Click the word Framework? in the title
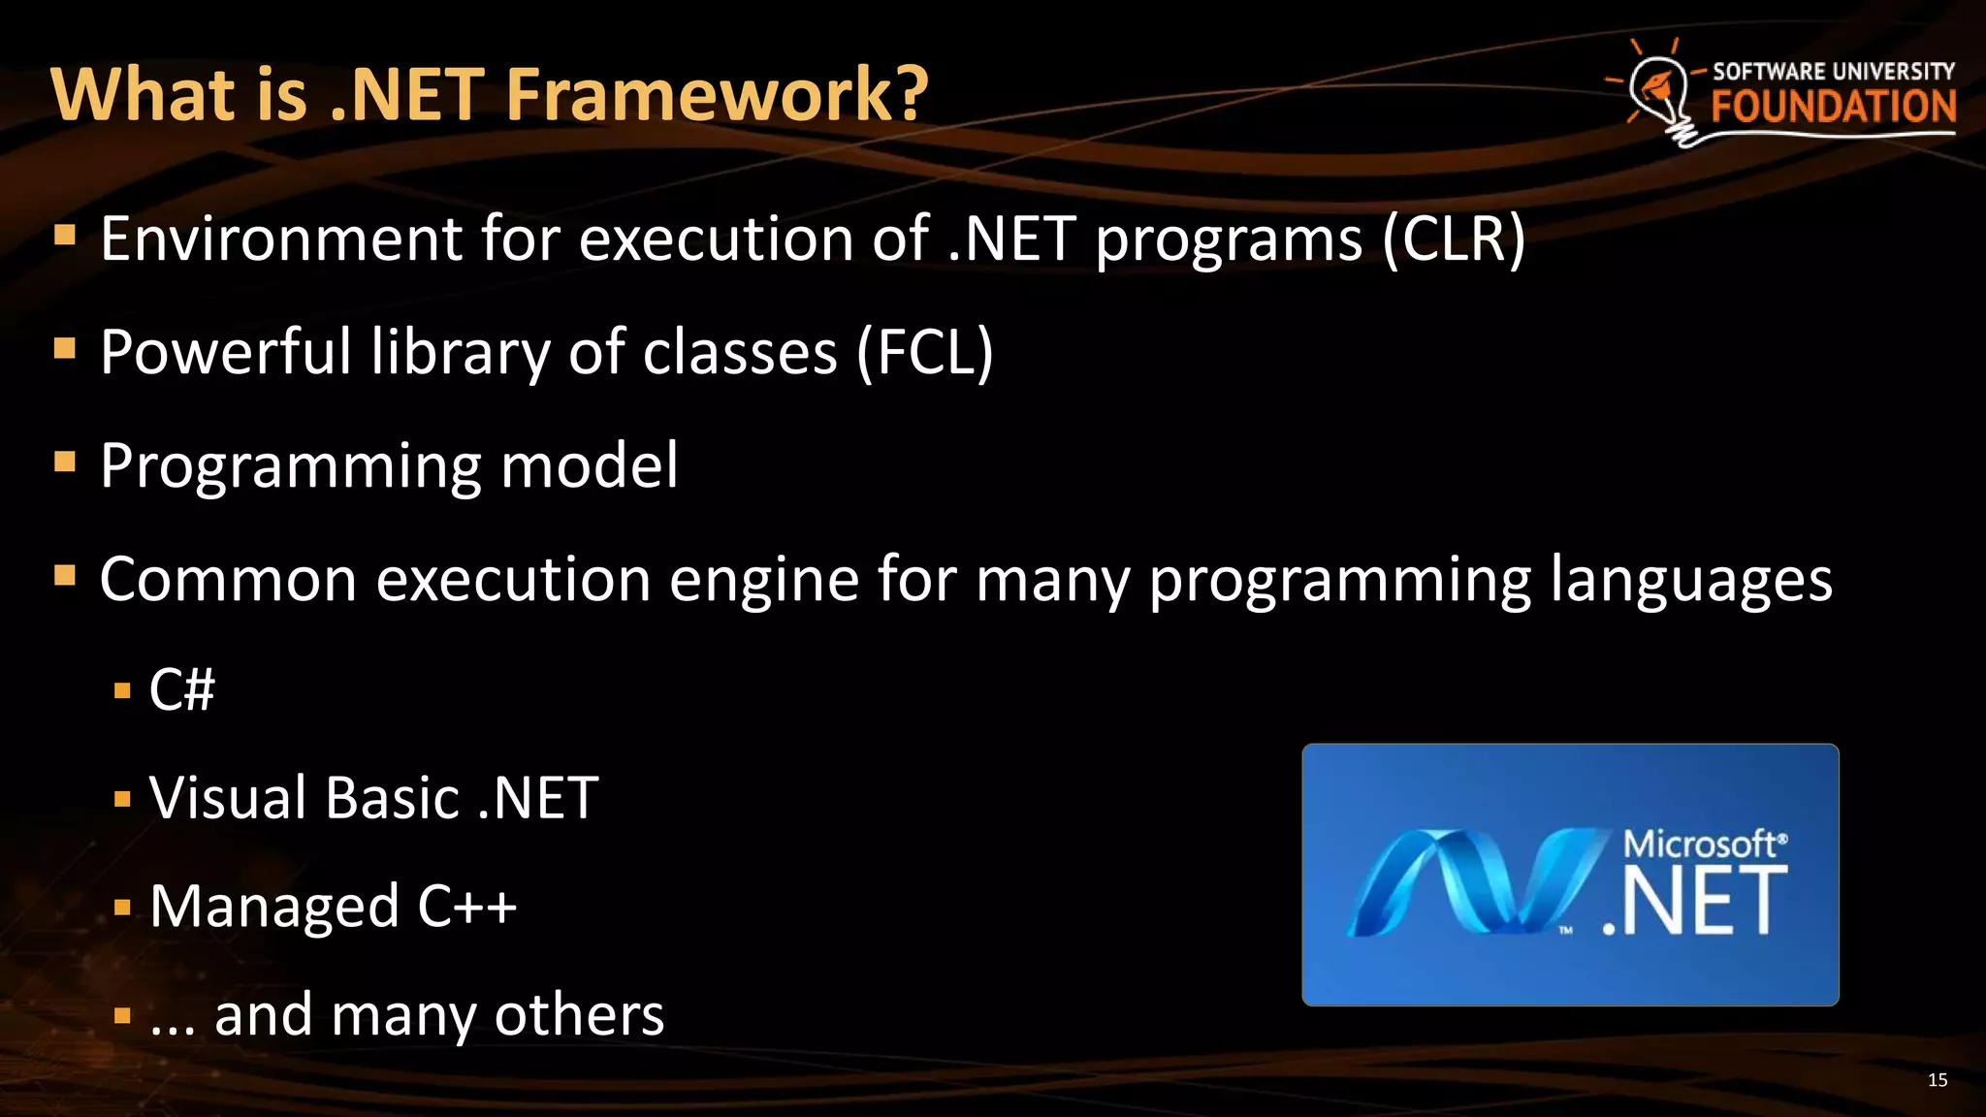tap(717, 94)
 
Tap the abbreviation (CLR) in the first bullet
tap(1454, 239)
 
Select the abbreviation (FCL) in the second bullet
tap(924, 352)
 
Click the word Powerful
tap(226, 352)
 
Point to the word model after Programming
tap(589, 465)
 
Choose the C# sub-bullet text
tap(181, 690)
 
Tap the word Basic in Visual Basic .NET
tap(392, 798)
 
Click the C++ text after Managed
tap(466, 907)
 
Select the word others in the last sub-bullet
tap(579, 1015)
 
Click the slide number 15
tap(1937, 1080)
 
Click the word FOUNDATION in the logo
tap(1833, 107)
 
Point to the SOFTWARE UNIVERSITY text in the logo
tap(1833, 71)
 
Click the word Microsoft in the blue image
tap(1700, 844)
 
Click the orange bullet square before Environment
tap(65, 236)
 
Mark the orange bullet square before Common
tap(65, 577)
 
